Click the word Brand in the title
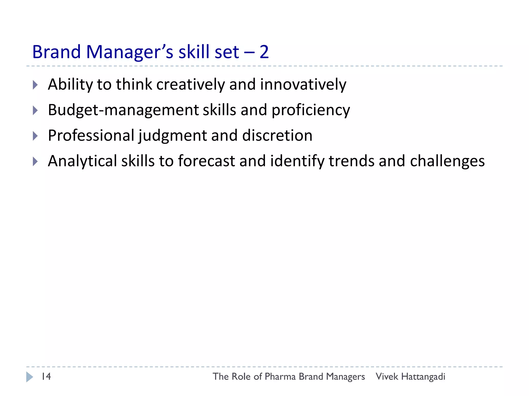(x=57, y=52)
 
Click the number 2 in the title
(x=264, y=52)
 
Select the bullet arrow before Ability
(x=35, y=85)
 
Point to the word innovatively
(x=303, y=85)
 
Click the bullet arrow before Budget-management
(x=35, y=110)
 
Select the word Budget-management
(x=123, y=110)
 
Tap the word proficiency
(x=311, y=110)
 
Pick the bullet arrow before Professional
(x=35, y=136)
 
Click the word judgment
(x=173, y=136)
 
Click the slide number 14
(x=46, y=376)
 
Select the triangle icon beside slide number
(x=29, y=377)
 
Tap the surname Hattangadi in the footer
(x=423, y=377)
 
